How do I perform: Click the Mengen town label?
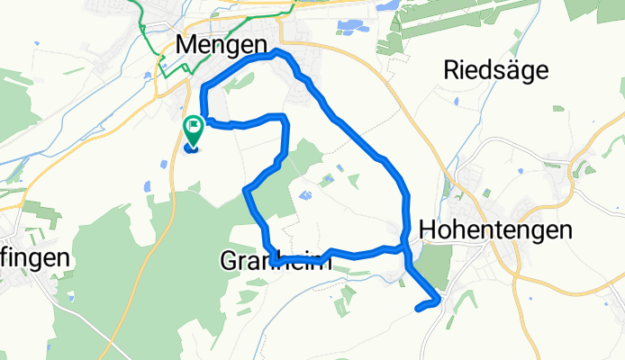coord(222,43)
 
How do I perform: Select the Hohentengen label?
coord(495,229)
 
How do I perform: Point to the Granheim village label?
coord(275,262)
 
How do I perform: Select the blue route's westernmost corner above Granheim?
coord(247,188)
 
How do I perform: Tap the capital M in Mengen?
coord(187,43)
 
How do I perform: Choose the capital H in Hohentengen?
coord(428,229)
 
